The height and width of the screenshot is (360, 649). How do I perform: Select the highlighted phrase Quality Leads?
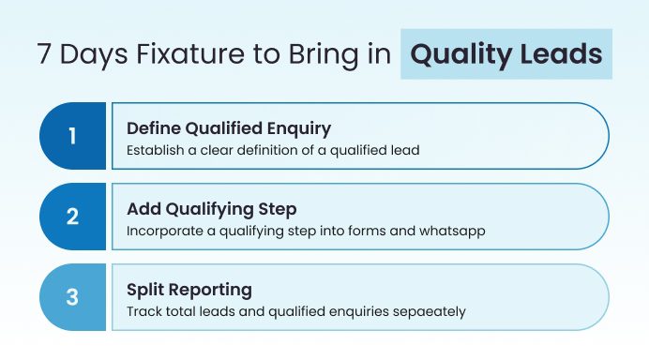coord(506,53)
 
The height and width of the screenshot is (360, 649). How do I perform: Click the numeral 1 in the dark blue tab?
coord(72,136)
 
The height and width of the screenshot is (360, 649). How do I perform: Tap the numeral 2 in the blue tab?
coord(72,217)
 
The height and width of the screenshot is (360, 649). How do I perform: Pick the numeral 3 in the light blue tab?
coord(72,297)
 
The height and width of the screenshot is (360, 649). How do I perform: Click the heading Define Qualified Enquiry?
coord(229,127)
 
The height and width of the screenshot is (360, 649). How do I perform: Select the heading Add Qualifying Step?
coord(211,208)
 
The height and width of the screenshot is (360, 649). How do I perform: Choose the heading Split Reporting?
coord(182,289)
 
